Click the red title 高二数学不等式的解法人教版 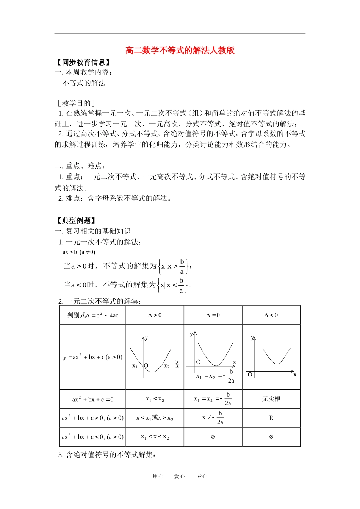click(x=180, y=50)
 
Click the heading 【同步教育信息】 click(x=83, y=62)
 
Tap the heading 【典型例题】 click(x=76, y=220)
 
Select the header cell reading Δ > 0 click(x=155, y=315)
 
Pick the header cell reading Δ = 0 click(x=213, y=315)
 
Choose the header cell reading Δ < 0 click(x=271, y=315)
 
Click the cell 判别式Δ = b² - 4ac click(x=93, y=315)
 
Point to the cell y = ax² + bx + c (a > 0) click(x=93, y=357)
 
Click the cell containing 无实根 click(x=271, y=399)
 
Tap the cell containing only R click(x=271, y=418)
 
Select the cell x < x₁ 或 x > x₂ click(x=155, y=418)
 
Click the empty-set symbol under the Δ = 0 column click(x=213, y=437)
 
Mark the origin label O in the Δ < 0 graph click(x=250, y=375)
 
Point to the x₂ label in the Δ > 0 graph click(x=167, y=366)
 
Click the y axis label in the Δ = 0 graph click(x=191, y=334)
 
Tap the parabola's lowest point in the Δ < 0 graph click(x=277, y=364)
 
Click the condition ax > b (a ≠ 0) click(x=79, y=252)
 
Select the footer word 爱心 click(x=179, y=476)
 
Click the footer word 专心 click(x=202, y=476)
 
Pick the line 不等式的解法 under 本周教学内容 click(x=84, y=83)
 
